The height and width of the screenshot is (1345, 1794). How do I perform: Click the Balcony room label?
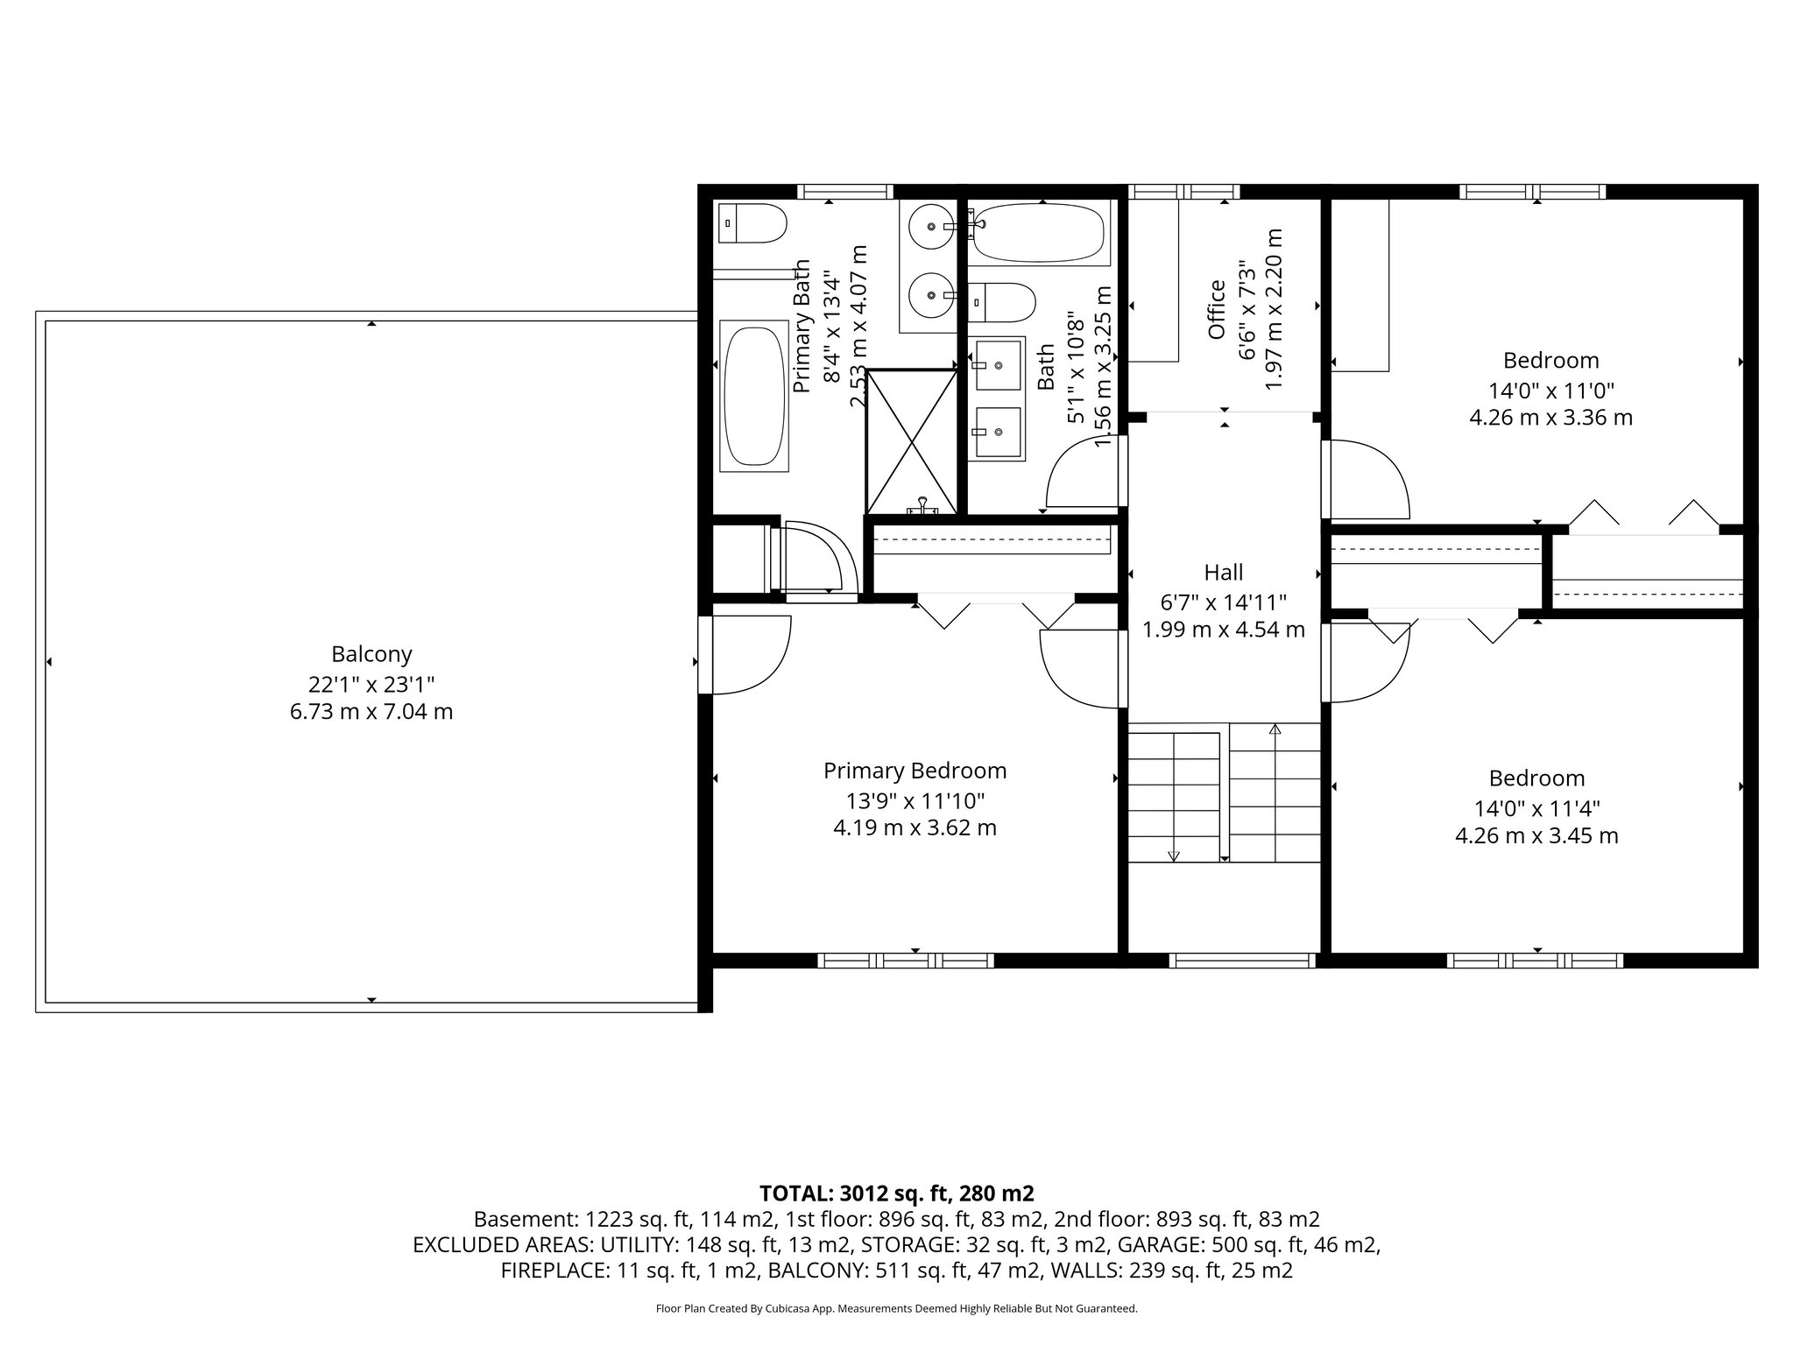tap(371, 654)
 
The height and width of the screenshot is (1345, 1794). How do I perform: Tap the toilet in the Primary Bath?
tap(752, 223)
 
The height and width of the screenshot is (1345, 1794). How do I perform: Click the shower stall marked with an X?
tap(912, 441)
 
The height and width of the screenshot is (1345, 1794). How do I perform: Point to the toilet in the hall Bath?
tap(1003, 302)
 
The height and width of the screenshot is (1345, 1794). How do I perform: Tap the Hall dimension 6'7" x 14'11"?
tap(1223, 602)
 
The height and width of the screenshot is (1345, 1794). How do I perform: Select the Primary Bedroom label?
tap(915, 771)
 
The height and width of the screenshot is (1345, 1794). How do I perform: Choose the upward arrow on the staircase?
tap(1275, 729)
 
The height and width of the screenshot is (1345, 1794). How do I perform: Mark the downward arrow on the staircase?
tap(1174, 856)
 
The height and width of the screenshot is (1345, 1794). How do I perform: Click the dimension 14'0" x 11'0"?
tap(1550, 390)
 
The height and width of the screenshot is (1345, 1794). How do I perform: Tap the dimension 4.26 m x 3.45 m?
tap(1536, 836)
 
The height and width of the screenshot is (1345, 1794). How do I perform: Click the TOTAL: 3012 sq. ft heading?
tap(896, 1194)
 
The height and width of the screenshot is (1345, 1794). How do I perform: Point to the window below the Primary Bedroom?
tap(906, 961)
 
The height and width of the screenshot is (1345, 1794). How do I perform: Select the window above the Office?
tap(1183, 192)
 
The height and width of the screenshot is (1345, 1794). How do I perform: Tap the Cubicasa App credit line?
tap(896, 1309)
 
